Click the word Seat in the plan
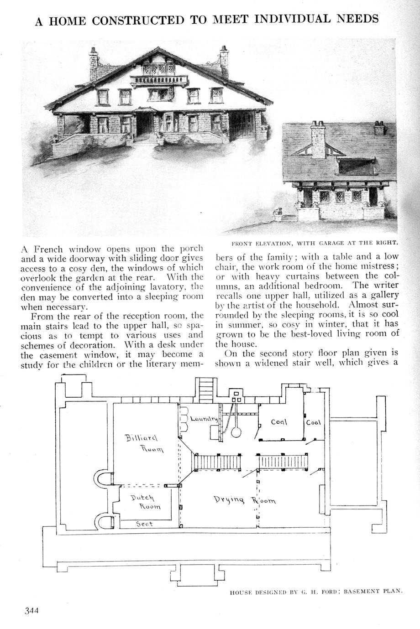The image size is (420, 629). point(145,524)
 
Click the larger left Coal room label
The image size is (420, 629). point(278,422)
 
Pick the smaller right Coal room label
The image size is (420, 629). point(314,422)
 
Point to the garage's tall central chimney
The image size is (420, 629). point(318,138)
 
